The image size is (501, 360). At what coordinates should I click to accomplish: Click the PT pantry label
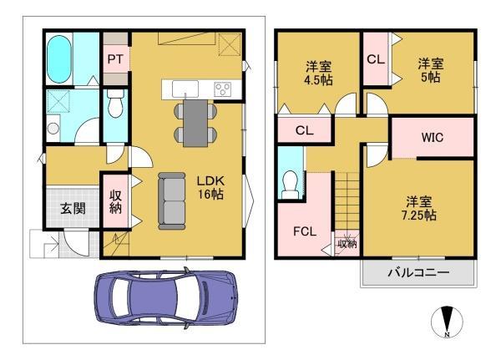(x=114, y=59)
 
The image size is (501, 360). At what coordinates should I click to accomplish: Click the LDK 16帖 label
(x=212, y=186)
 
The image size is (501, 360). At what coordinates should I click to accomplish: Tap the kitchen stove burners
(x=224, y=89)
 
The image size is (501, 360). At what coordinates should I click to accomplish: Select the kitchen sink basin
(x=184, y=88)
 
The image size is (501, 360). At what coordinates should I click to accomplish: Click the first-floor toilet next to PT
(x=115, y=107)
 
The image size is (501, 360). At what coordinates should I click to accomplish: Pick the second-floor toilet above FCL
(x=290, y=183)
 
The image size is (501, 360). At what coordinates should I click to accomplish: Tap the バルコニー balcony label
(x=418, y=273)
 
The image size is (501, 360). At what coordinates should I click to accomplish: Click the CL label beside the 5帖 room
(x=375, y=60)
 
